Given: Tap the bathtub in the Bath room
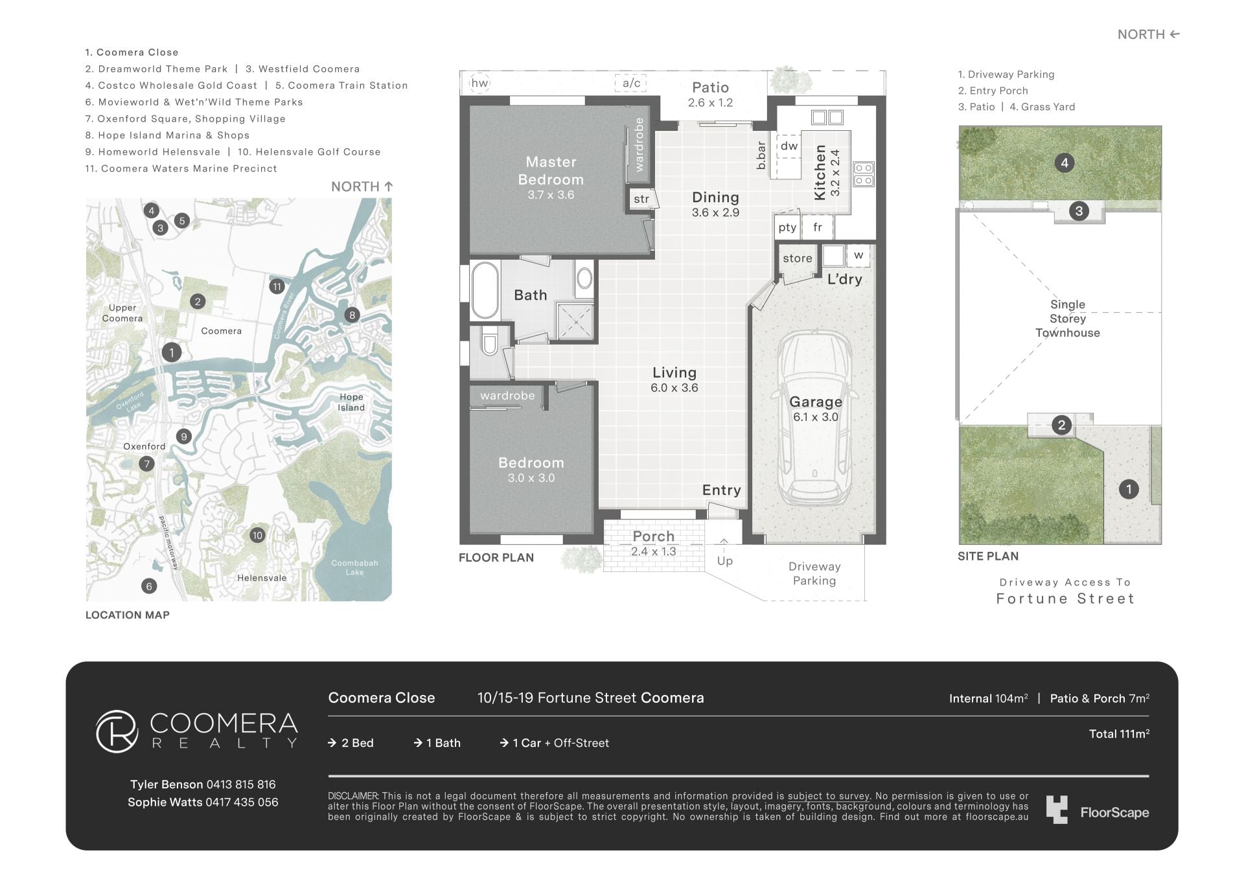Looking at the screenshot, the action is pos(485,290).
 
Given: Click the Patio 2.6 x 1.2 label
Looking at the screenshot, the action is pos(710,94).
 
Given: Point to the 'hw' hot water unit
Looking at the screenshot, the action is pos(479,83).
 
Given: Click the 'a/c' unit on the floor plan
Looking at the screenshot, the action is pos(631,83).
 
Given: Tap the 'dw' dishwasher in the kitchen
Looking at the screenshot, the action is pos(789,146).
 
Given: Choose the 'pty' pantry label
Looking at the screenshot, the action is pos(787,227).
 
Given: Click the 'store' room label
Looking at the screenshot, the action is pos(797,258).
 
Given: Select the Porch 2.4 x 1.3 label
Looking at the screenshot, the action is pos(654,543).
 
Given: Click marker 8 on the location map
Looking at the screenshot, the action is pos(352,315).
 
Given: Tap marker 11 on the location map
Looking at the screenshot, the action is pos(277,286).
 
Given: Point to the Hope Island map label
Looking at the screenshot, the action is pos(351,402).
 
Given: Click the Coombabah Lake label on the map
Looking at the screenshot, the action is pos(354,567).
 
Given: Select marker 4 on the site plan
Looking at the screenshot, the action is pos(1065,163).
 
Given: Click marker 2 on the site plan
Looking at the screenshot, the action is pos(1061,425).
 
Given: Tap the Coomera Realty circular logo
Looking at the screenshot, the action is pos(117,731).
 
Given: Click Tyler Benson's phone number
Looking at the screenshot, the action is pos(240,784).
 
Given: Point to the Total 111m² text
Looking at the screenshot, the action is pos(1119,734).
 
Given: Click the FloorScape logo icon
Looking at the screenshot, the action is pos(1057,810).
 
